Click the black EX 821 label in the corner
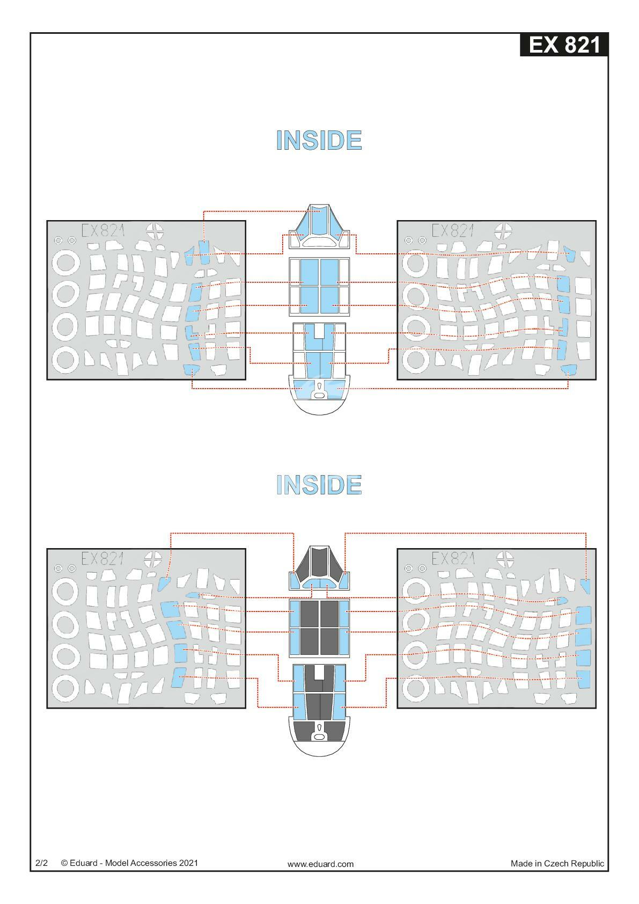(x=563, y=45)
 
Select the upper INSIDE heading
(x=319, y=141)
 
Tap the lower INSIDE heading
(x=319, y=485)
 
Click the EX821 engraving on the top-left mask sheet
(x=103, y=231)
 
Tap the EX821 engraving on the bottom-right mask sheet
(x=453, y=559)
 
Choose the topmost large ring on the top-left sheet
(x=66, y=263)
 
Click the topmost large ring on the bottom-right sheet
(x=416, y=591)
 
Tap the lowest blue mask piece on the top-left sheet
(x=192, y=370)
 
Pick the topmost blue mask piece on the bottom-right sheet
(x=586, y=586)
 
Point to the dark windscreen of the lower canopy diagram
(x=319, y=563)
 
